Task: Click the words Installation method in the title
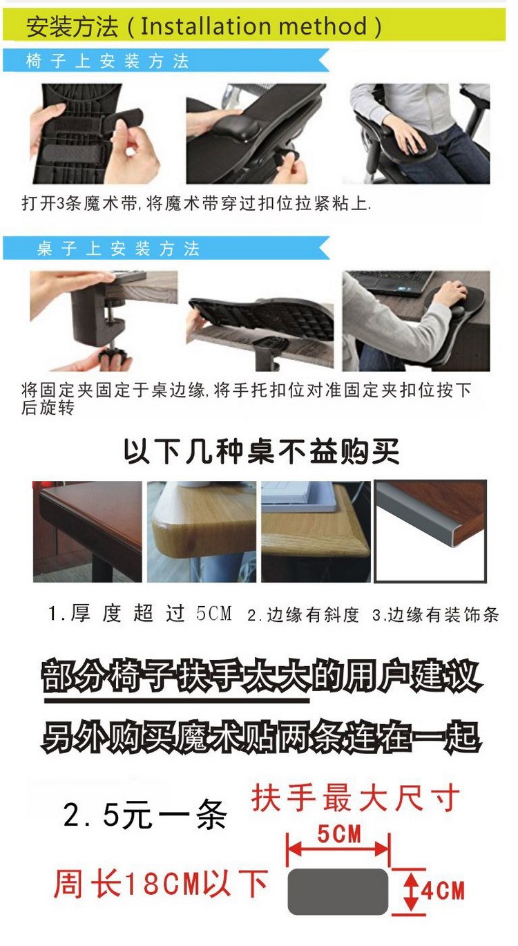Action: click(x=253, y=26)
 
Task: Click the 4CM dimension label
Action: click(x=443, y=891)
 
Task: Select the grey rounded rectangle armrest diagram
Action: click(x=338, y=891)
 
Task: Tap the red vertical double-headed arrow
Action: click(x=412, y=891)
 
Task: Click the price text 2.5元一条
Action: click(x=145, y=815)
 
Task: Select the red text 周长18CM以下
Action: click(x=160, y=884)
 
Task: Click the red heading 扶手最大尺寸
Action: click(x=355, y=797)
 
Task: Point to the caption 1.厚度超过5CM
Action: click(x=140, y=613)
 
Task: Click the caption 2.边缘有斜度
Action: click(x=303, y=614)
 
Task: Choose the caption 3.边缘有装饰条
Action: click(x=436, y=614)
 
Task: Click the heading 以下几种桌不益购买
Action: click(x=261, y=452)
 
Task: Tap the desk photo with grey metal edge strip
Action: click(x=430, y=531)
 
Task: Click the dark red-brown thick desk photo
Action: click(x=88, y=531)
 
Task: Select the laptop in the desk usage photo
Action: click(x=392, y=283)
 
